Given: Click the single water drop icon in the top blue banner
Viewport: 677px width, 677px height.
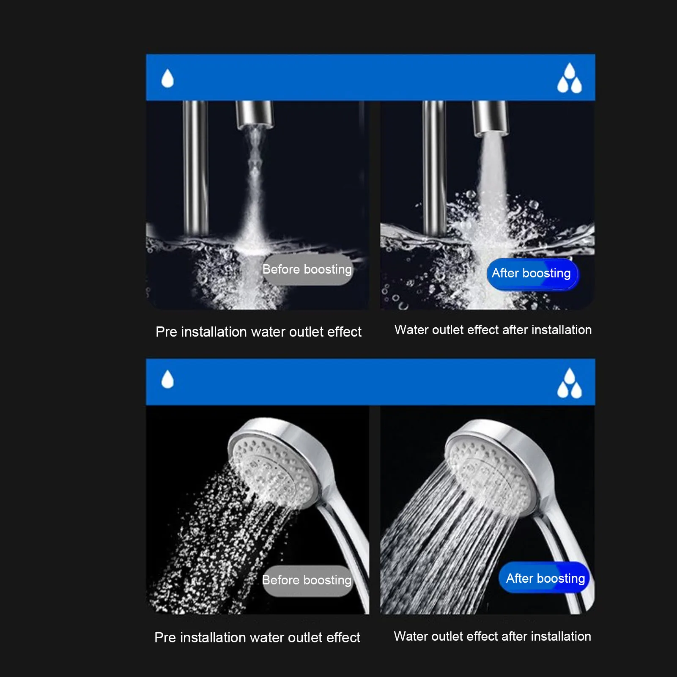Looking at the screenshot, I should pos(167,79).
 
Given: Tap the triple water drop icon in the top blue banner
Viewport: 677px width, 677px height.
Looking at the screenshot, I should pos(569,79).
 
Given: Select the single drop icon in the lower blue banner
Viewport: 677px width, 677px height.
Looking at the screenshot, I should pos(167,379).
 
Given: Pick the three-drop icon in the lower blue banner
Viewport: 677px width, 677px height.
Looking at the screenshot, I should pos(569,384).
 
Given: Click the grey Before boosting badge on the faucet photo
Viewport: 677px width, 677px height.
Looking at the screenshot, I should pos(307,269).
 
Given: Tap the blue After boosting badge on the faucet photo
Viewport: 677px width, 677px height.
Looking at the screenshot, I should pos(531,274).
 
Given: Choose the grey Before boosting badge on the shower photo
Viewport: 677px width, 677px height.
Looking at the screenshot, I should pos(307,580).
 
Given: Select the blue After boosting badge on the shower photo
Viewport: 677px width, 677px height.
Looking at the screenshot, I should pos(545,578).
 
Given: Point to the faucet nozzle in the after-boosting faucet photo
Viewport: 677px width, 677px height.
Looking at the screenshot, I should pos(489,117).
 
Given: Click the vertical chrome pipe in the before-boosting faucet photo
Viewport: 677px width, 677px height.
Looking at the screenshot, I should pos(195,169).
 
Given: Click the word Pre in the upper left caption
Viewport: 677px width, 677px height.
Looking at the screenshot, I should pos(166,332).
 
